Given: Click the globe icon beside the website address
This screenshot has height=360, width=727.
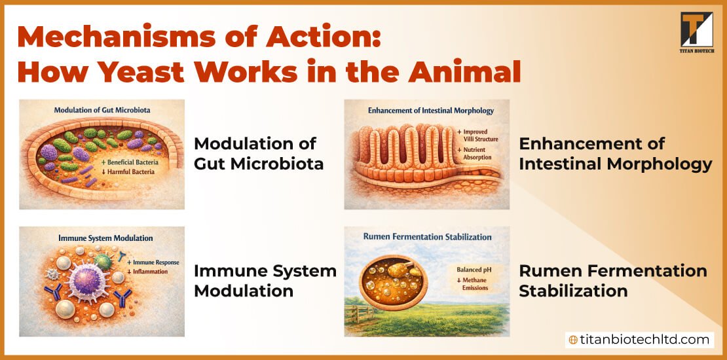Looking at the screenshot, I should click(x=574, y=340).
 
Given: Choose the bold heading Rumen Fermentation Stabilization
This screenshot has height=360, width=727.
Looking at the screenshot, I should click(x=612, y=280).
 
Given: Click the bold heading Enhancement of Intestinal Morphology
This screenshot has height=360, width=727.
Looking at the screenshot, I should click(x=615, y=153).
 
